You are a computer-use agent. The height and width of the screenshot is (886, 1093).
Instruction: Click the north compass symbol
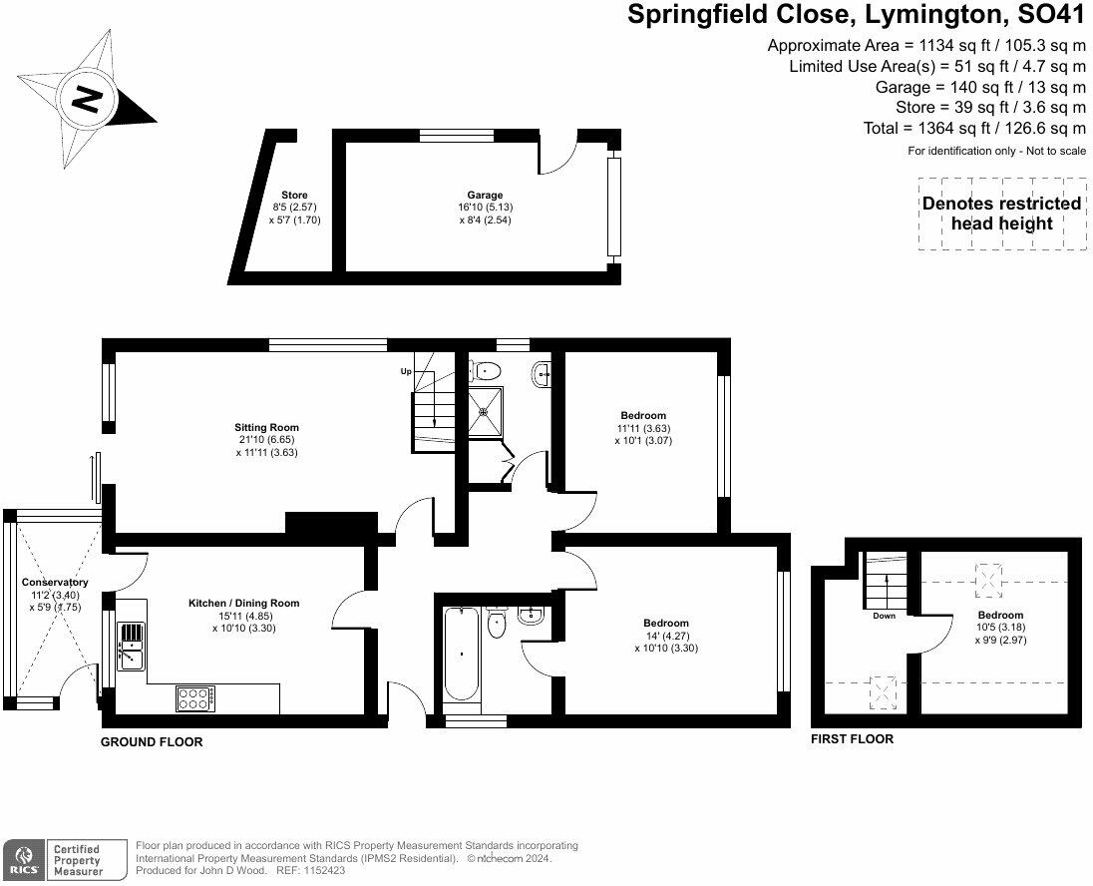click(x=87, y=100)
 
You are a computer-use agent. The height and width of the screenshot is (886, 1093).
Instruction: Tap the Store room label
click(x=294, y=196)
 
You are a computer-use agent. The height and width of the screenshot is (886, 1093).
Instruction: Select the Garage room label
click(x=485, y=196)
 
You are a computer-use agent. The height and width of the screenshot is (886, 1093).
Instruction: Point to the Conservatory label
click(x=55, y=583)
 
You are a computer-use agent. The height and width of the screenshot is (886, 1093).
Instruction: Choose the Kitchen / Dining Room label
click(x=244, y=603)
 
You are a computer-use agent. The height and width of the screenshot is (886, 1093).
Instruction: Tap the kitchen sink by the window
click(x=131, y=644)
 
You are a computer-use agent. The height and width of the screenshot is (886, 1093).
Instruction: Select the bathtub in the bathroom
click(x=460, y=654)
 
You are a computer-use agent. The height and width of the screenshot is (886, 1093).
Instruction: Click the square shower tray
click(x=486, y=405)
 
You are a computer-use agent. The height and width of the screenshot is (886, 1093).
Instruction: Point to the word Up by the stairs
click(x=406, y=371)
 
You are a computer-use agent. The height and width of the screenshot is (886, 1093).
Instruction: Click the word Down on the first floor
click(x=884, y=616)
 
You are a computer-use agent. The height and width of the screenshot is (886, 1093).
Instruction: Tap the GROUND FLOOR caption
click(x=152, y=742)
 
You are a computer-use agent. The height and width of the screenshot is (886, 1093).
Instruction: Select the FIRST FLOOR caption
click(x=852, y=739)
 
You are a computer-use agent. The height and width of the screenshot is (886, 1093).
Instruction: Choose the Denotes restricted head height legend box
click(x=1001, y=214)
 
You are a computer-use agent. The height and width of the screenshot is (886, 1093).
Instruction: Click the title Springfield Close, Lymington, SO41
click(x=855, y=14)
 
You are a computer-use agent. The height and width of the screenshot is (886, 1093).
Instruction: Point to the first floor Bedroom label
click(x=1000, y=615)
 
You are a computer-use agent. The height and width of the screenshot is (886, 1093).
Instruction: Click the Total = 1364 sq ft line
click(x=974, y=129)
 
